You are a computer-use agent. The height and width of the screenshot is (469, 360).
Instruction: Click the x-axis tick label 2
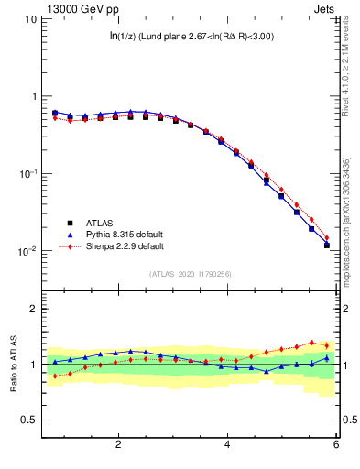click(118, 444)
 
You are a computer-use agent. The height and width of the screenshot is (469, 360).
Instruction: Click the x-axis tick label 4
click(227, 444)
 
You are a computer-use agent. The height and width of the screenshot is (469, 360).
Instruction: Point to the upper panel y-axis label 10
click(29, 19)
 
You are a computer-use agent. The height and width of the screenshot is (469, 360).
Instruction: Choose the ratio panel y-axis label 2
click(33, 309)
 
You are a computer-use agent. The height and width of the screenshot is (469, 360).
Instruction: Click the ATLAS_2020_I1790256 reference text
click(191, 273)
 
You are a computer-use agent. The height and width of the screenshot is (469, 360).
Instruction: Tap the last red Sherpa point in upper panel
click(327, 237)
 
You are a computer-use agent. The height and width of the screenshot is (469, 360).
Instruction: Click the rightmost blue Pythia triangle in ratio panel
click(327, 357)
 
